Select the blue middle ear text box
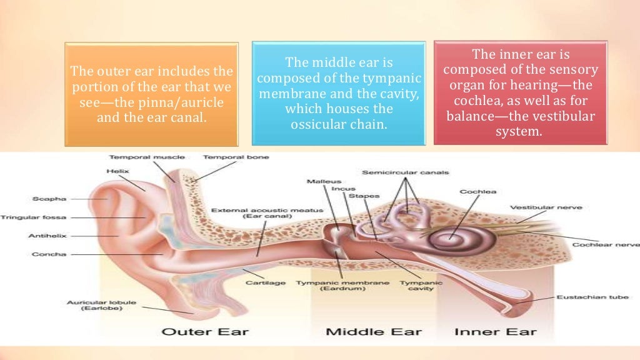(338, 93)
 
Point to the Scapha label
(49, 199)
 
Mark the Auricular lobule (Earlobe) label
(92, 305)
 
